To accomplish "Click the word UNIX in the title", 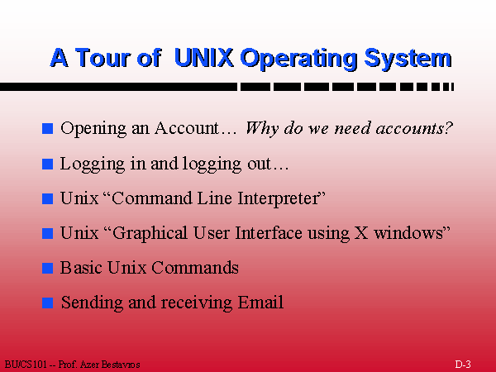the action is [x=203, y=57].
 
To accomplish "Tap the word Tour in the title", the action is [x=103, y=57].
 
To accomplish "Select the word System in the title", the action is [x=408, y=60].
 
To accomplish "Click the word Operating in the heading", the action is [x=298, y=60].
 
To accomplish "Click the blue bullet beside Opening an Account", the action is [x=47, y=128].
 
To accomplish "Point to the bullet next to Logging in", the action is [x=47, y=164].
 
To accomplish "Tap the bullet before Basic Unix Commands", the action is [x=47, y=268].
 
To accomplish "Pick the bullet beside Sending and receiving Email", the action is [x=47, y=303].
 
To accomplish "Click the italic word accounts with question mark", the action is [x=414, y=128].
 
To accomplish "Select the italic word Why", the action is [x=262, y=129].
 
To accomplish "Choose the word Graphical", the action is [x=150, y=234].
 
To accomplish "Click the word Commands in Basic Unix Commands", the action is [x=195, y=268].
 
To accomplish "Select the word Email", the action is [x=260, y=302].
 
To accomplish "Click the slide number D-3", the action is [x=463, y=364].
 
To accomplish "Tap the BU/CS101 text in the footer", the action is [x=26, y=364].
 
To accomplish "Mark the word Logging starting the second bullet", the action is [x=93, y=165].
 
